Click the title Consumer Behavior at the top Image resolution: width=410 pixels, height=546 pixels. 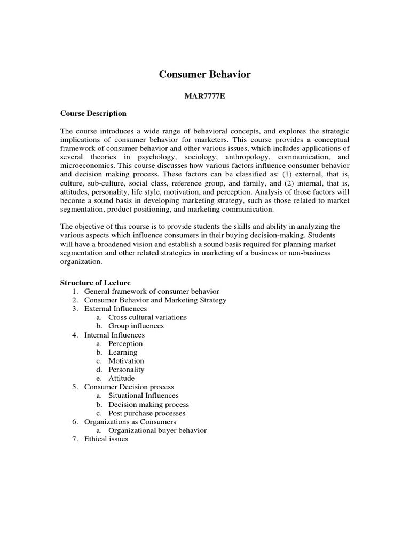204,74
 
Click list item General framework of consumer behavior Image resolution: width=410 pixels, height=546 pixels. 152,291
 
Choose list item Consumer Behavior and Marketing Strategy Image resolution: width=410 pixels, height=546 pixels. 155,300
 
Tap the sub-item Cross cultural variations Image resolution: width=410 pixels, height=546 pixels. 147,317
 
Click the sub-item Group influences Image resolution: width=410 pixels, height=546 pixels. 136,326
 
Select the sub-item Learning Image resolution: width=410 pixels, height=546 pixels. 123,352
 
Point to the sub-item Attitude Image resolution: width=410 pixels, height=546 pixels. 122,378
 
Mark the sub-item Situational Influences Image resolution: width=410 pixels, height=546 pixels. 144,396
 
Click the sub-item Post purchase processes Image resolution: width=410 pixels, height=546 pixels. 147,413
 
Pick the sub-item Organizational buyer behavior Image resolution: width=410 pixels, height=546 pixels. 157,430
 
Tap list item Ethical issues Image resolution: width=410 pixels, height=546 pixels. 106,439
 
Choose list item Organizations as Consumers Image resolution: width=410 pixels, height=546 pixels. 130,422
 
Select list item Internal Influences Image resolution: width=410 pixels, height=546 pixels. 114,335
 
